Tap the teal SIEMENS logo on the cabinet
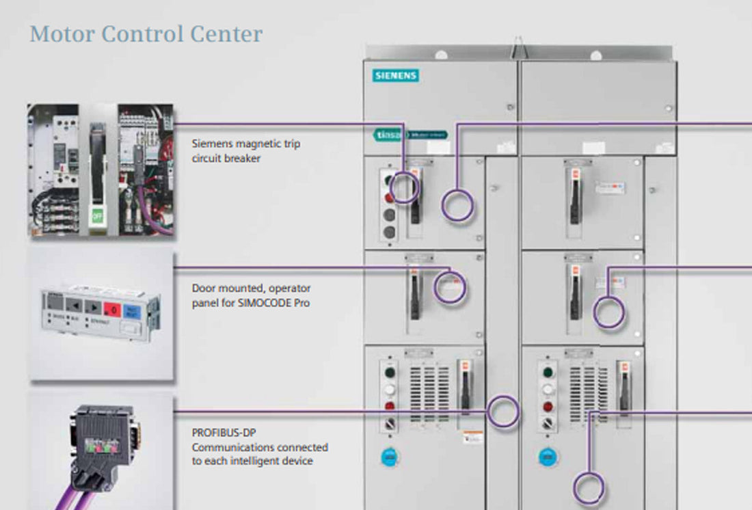pos(396,75)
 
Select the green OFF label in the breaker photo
pos(96,217)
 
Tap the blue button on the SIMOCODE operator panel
pos(132,309)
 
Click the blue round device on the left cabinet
pos(390,456)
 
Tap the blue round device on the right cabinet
pos(547,456)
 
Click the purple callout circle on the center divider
pos(504,412)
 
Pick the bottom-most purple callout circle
pos(589,488)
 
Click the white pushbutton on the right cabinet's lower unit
pos(547,390)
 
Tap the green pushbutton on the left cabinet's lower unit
pos(390,373)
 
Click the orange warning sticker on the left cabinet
pos(471,436)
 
